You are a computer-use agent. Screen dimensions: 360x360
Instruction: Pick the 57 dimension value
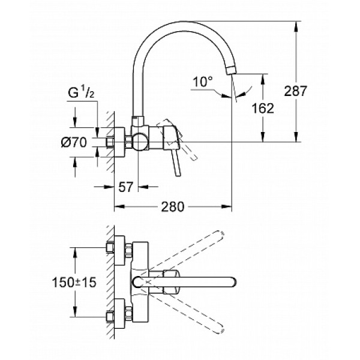(x=125, y=187)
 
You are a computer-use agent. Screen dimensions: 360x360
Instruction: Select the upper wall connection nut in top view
(x=110, y=247)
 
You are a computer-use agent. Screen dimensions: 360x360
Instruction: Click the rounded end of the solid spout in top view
(x=233, y=281)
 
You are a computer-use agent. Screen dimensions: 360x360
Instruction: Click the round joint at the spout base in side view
(x=140, y=142)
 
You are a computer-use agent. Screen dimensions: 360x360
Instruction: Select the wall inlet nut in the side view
(x=112, y=143)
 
